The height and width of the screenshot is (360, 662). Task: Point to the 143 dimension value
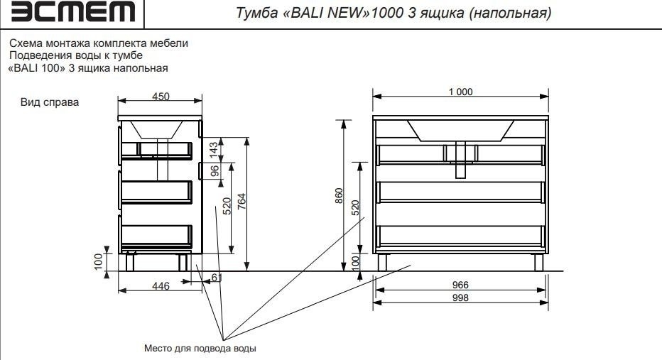click(213, 149)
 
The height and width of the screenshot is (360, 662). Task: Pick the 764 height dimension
click(241, 203)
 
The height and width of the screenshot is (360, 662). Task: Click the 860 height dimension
click(339, 195)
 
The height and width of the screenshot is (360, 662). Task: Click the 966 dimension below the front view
click(460, 285)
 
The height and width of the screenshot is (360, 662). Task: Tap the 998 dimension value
click(460, 298)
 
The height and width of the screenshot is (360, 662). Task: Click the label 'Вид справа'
click(51, 103)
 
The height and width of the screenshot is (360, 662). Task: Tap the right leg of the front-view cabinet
click(538, 262)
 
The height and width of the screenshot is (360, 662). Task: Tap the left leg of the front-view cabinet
click(383, 262)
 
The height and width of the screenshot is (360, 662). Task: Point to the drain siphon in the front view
click(460, 160)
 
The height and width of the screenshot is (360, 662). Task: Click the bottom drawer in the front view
click(460, 236)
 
